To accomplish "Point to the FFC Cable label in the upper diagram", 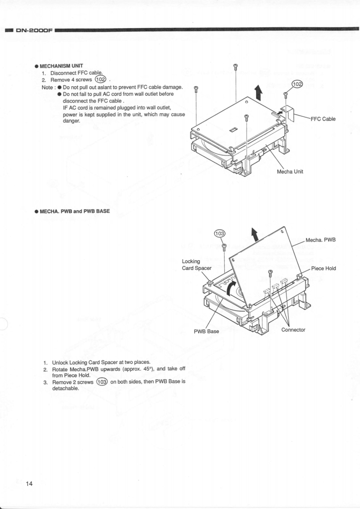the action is pyautogui.click(x=323, y=119).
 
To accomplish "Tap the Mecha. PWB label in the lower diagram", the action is pyautogui.click(x=321, y=240).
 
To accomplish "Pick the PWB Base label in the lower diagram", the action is pyautogui.click(x=207, y=331).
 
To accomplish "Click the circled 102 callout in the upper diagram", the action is pyautogui.click(x=297, y=84).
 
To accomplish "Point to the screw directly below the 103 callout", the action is pyautogui.click(x=224, y=247).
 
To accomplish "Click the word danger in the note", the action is pyautogui.click(x=71, y=121).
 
